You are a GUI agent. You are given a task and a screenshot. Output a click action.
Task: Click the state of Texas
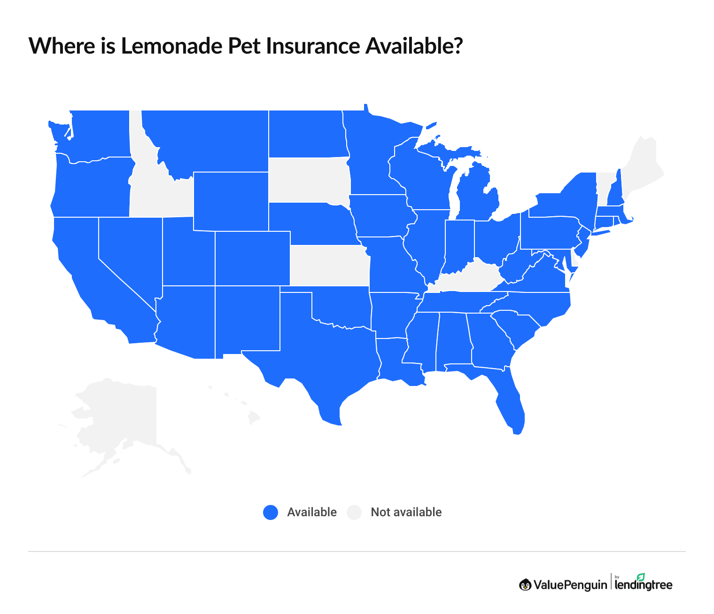click(x=319, y=357)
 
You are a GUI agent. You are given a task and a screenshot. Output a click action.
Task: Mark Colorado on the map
click(x=253, y=259)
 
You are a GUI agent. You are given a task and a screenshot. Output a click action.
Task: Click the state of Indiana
click(x=458, y=244)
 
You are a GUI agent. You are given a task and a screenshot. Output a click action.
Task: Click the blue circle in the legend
click(x=271, y=512)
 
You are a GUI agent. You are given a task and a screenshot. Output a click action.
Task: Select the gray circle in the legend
click(x=354, y=512)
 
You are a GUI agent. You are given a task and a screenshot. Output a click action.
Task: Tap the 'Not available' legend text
click(x=406, y=512)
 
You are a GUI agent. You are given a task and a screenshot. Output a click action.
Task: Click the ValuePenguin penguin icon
click(x=525, y=585)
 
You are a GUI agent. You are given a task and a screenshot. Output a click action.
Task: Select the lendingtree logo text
click(x=644, y=585)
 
